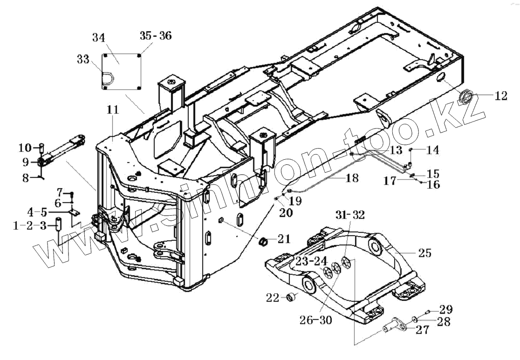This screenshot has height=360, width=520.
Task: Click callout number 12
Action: click(x=501, y=96)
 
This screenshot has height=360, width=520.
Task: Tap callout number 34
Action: click(x=99, y=38)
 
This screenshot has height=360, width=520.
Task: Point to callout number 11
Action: click(x=113, y=110)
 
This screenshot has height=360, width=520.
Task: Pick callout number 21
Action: click(x=283, y=239)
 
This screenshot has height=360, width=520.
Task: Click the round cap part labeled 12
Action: click(x=467, y=97)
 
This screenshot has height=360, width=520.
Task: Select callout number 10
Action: click(x=24, y=148)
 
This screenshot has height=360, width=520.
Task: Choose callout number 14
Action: click(x=432, y=150)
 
